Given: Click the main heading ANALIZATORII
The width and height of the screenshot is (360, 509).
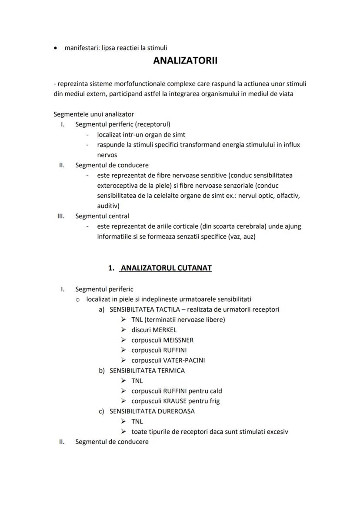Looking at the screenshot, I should click(185, 61).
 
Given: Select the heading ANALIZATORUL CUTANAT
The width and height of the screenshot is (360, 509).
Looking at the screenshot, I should click(166, 268).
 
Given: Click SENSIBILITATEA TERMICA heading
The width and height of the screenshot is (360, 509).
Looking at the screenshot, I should click(147, 371).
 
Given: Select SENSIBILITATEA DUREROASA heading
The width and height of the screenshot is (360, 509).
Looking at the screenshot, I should click(152, 411).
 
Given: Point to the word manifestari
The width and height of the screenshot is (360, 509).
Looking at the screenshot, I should click(82, 48).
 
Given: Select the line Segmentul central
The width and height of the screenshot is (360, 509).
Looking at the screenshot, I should click(102, 216).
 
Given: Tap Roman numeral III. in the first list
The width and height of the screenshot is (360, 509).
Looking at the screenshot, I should click(61, 216).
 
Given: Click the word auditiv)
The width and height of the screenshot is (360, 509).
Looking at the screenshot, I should click(108, 206).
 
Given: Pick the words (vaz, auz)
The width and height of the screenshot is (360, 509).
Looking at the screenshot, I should click(241, 236).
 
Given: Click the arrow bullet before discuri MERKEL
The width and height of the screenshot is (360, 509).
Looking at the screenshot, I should click(123, 330).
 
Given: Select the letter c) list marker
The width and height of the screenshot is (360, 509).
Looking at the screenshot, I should click(102, 411).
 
